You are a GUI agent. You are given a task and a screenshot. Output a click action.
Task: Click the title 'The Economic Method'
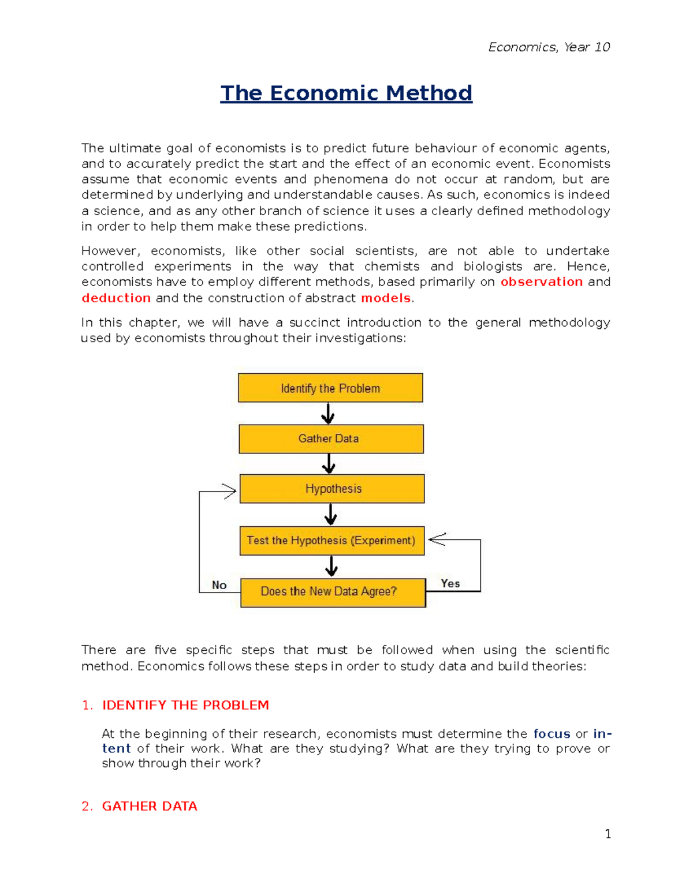(346, 93)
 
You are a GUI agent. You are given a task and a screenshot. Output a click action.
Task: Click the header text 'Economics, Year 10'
(549, 47)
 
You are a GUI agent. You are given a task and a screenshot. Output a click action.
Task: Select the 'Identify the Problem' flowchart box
(330, 388)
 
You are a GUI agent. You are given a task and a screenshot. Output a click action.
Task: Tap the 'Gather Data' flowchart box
(331, 439)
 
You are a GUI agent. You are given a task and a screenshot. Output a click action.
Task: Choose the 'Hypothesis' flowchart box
(332, 489)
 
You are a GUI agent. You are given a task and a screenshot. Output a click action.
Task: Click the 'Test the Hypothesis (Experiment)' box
(331, 541)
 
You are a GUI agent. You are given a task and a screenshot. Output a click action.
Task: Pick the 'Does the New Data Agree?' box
(333, 593)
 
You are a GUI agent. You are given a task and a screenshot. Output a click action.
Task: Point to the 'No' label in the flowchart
(219, 585)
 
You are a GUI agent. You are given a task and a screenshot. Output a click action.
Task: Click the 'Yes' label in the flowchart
(450, 583)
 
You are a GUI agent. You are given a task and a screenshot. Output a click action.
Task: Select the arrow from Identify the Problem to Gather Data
(328, 413)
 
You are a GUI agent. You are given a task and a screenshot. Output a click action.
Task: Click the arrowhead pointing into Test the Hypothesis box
(437, 539)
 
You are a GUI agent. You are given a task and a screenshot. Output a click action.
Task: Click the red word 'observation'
(541, 282)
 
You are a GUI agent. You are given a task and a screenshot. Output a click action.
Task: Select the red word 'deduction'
(116, 298)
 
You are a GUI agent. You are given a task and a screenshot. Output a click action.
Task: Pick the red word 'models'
(385, 298)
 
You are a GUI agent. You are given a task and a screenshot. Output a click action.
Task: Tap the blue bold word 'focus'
(552, 734)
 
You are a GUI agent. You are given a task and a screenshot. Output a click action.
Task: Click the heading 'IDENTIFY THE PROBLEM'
(185, 705)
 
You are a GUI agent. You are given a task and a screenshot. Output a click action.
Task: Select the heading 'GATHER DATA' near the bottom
(150, 806)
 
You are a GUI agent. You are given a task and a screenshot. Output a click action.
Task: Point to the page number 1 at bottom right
(608, 834)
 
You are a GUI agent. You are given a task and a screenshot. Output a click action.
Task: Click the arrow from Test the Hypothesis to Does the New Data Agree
(331, 566)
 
